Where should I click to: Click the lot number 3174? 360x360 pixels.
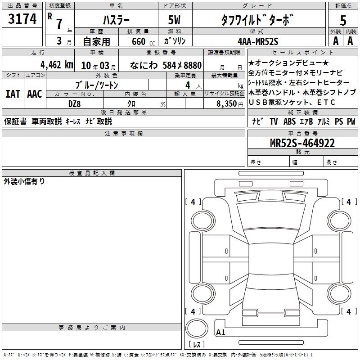point(22,18)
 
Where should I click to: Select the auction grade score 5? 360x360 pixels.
point(343,20)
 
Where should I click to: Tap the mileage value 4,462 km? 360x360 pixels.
point(57,65)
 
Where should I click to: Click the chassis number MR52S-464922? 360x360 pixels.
point(302,143)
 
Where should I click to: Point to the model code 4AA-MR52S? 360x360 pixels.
point(258,41)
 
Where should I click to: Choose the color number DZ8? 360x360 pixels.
point(74,104)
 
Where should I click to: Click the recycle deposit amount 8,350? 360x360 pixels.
point(227,104)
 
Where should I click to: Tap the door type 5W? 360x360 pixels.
point(175,20)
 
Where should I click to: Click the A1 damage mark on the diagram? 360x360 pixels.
point(220,332)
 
